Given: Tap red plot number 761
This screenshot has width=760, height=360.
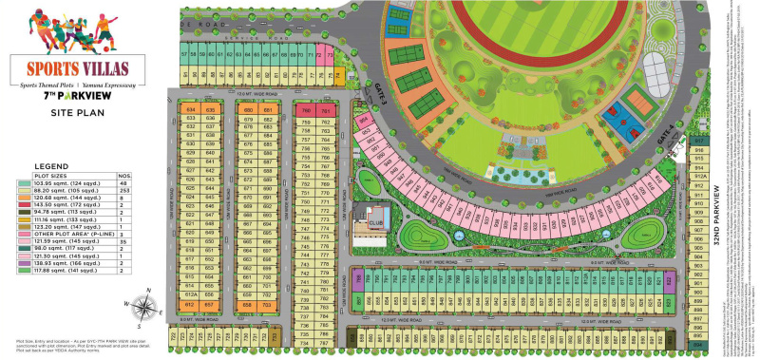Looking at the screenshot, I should pyautogui.click(x=326, y=112).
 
